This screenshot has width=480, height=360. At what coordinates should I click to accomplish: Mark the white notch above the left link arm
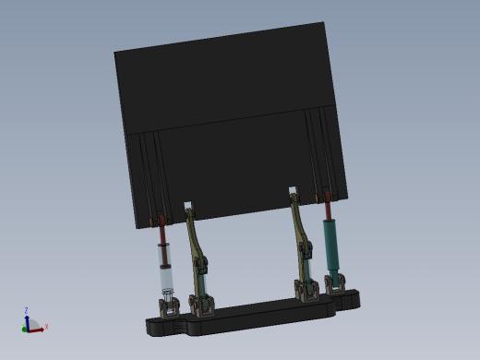188,205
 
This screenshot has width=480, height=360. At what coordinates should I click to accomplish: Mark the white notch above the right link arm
293,191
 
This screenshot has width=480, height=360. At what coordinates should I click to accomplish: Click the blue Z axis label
26,311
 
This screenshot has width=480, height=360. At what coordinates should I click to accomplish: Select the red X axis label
46,327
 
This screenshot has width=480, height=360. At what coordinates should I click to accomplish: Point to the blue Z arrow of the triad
27,320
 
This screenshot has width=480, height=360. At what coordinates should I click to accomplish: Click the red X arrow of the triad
37,329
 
